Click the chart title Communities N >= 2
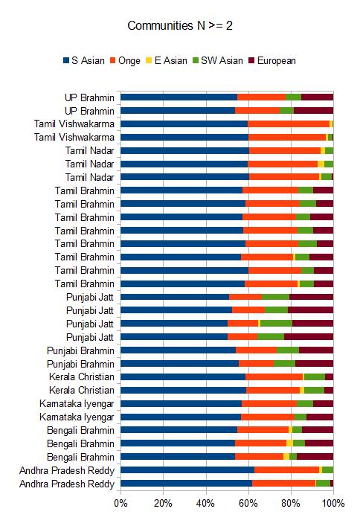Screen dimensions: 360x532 [x=180, y=25]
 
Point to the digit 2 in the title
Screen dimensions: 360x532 [x=229, y=25]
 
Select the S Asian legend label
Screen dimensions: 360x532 [x=88, y=60]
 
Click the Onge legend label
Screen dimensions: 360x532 [x=129, y=61]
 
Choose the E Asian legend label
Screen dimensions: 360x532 [x=170, y=60]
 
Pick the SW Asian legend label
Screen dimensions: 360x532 [x=222, y=60]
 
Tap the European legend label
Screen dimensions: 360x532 [x=277, y=61]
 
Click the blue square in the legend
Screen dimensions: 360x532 [x=66, y=61]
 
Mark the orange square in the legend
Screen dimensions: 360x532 [x=112, y=61]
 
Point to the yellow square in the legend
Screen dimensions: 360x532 [x=149, y=61]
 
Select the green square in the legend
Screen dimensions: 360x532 [x=195, y=61]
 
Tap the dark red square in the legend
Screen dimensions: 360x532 [x=251, y=61]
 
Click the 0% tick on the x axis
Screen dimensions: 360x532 [x=120, y=503]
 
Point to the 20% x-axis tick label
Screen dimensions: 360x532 [x=163, y=503]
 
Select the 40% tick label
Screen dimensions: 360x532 [x=205, y=503]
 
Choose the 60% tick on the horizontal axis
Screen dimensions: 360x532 [x=248, y=503]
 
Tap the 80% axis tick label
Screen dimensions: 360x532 [x=291, y=503]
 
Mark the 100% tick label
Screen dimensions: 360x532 [x=333, y=503]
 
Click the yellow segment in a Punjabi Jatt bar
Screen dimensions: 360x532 [x=260, y=324]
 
